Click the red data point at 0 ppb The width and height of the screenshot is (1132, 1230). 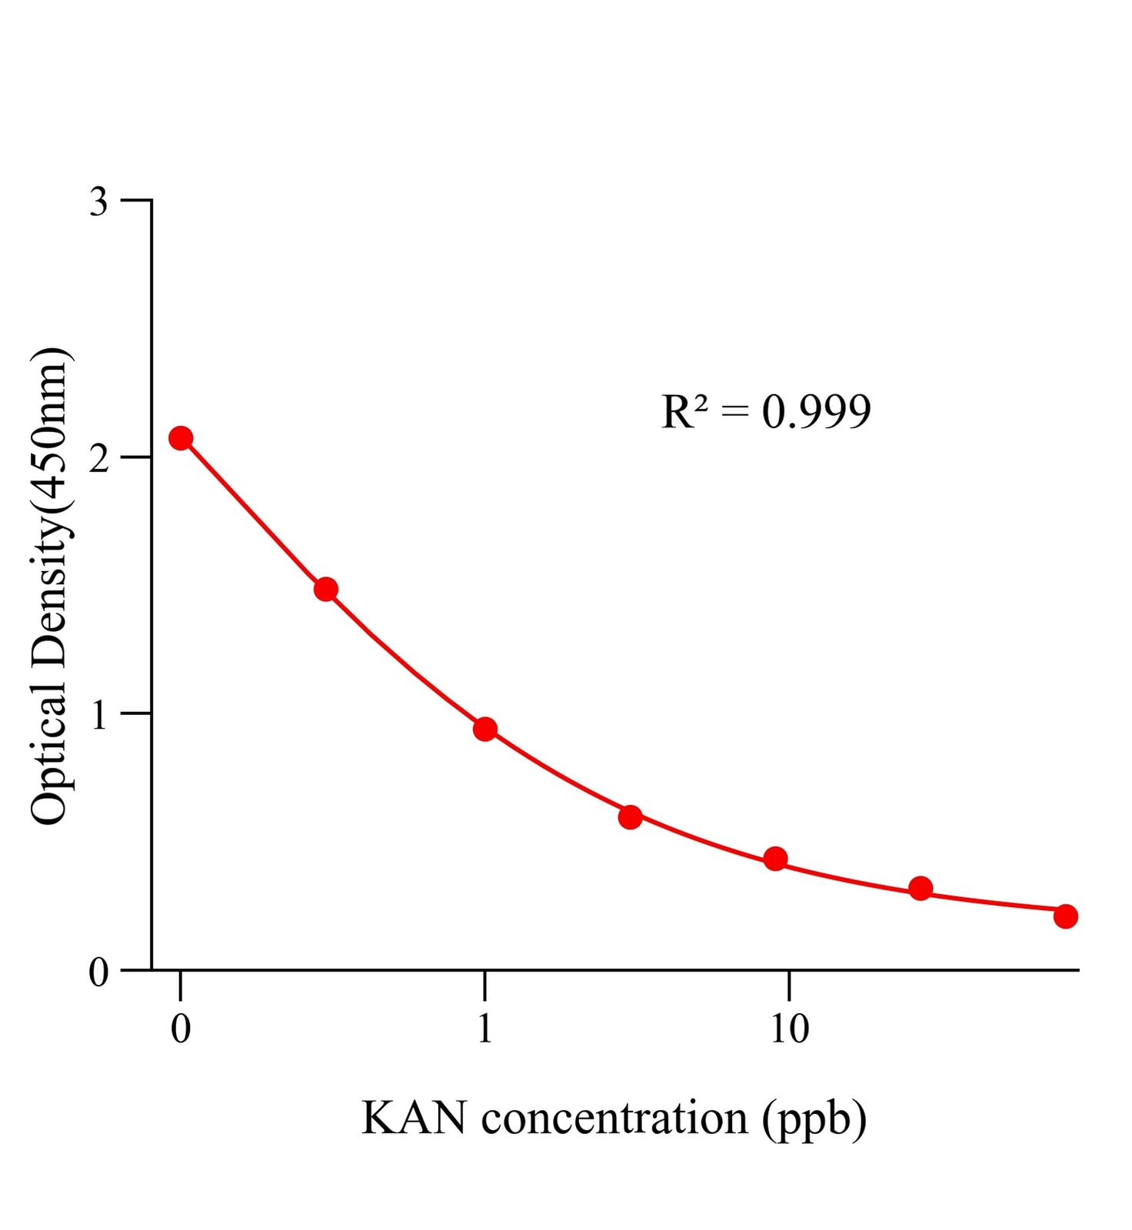tap(181, 438)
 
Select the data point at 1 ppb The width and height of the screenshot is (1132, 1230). tap(484, 729)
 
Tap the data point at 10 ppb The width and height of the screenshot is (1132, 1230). tap(776, 859)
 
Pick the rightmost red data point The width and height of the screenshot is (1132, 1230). tap(1065, 916)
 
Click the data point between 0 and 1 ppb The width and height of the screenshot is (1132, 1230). tap(326, 590)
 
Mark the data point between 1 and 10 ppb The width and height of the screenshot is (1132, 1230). tap(630, 816)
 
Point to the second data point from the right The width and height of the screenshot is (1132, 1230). tap(921, 889)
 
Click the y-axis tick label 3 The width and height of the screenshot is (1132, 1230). tap(99, 202)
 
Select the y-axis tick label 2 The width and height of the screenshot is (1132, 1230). tap(99, 459)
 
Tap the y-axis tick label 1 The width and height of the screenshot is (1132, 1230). tap(99, 716)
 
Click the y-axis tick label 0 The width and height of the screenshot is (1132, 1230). tap(99, 972)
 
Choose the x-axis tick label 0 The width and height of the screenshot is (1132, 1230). tap(181, 1029)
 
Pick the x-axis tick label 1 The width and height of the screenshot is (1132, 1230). tap(484, 1029)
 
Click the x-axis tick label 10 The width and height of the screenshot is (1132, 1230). tap(789, 1029)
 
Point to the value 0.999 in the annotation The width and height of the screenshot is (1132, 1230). tap(816, 412)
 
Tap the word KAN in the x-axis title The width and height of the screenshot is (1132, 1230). tap(414, 1119)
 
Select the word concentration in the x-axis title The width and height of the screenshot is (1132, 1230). tap(614, 1119)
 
